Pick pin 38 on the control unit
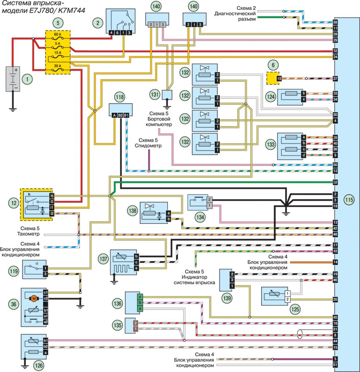[335, 23]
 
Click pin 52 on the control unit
[335, 182]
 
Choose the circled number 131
[155, 94]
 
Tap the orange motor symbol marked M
[34, 299]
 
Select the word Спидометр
[147, 145]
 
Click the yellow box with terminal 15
[274, 78]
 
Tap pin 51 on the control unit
[335, 365]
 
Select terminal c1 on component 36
[46, 292]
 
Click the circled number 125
[295, 310]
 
